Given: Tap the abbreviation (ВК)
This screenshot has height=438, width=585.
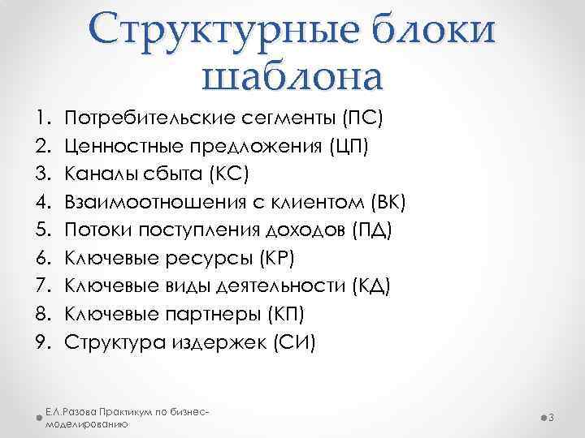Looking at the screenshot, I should click(387, 202).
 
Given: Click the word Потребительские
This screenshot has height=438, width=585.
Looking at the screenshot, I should click(151, 119).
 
